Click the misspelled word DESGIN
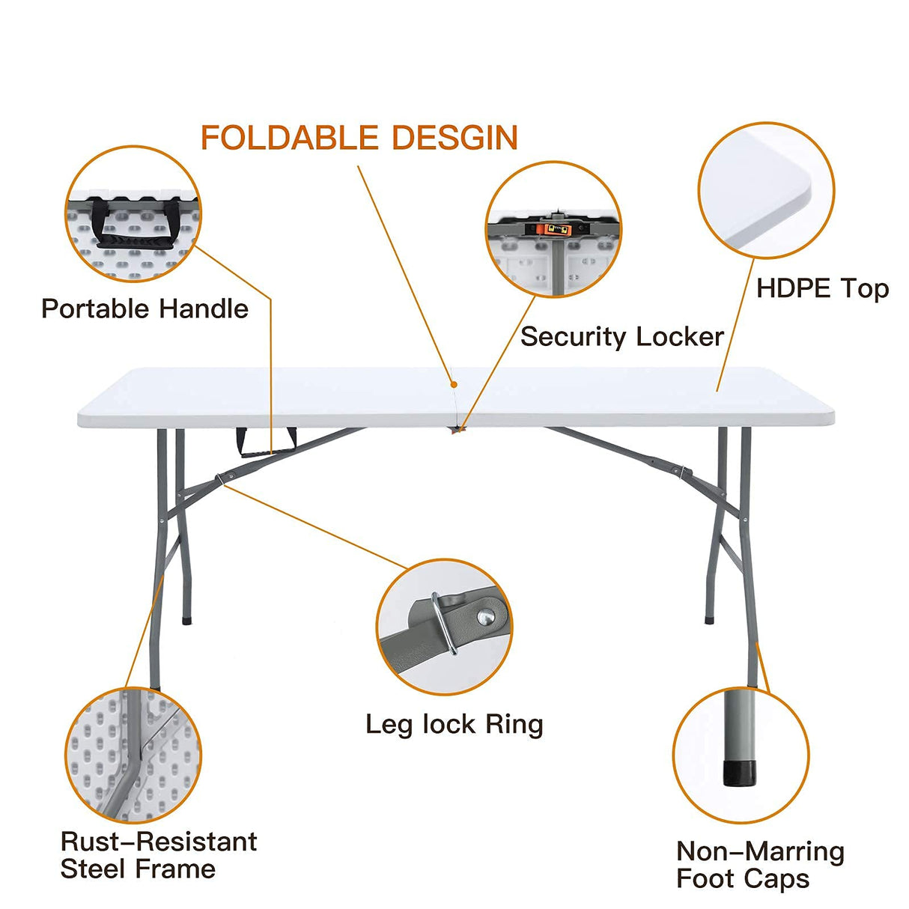tap(454, 138)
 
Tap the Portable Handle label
tap(145, 308)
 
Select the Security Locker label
tap(621, 336)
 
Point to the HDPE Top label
tap(822, 288)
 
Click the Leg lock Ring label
tap(454, 724)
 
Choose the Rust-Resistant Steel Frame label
tap(158, 854)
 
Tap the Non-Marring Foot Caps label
tap(759, 864)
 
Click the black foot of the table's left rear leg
tap(186, 620)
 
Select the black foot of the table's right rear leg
tap(708, 619)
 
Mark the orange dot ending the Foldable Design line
tap(454, 384)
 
